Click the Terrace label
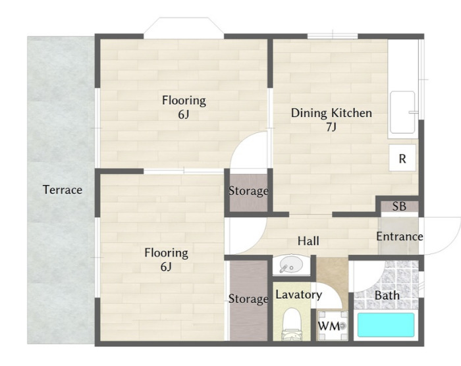63,190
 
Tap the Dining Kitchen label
331,113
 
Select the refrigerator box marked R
402,158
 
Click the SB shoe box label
399,207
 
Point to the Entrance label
400,236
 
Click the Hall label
308,241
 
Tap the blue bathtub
386,325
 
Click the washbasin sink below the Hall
291,265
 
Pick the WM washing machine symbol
333,325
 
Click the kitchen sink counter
402,113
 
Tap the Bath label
387,295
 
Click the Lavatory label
298,294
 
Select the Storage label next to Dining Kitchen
248,191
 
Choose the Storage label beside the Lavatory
248,299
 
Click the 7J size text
331,127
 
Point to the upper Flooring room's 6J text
184,115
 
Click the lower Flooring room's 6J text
166,267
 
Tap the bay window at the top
184,28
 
